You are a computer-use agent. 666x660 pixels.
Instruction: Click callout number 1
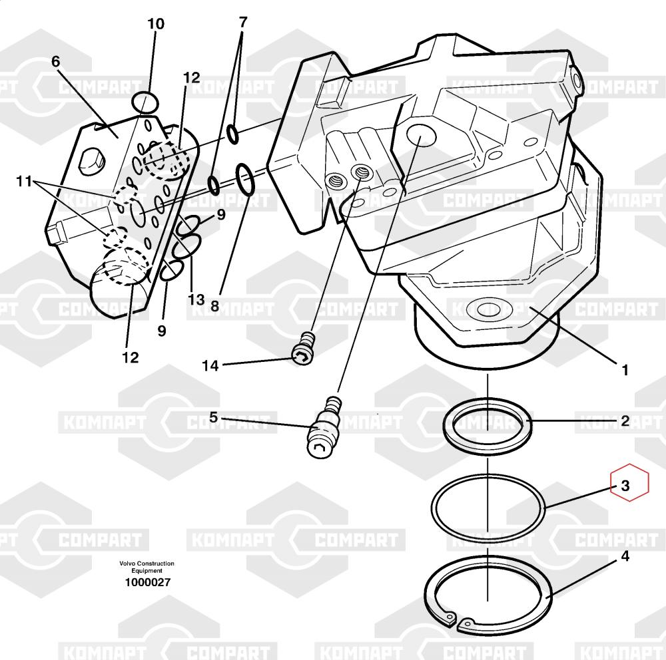point(625,369)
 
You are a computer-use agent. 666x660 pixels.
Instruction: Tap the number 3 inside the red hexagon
point(625,486)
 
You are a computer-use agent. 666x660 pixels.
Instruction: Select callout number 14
point(210,365)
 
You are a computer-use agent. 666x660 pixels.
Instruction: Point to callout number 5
point(213,417)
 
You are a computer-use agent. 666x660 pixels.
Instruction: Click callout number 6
point(55,61)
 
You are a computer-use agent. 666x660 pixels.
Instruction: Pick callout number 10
point(155,25)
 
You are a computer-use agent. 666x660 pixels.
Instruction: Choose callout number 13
point(196,299)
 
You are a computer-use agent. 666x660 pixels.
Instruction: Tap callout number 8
point(214,306)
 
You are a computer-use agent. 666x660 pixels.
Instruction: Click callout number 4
point(625,556)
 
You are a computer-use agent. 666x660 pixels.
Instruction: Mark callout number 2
point(625,420)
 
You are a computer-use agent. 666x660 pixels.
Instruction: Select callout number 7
point(242,22)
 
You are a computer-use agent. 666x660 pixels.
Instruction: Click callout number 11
point(25,181)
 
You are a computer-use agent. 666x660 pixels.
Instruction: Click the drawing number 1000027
point(147,582)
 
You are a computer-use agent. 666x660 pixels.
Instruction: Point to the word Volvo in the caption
point(127,564)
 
